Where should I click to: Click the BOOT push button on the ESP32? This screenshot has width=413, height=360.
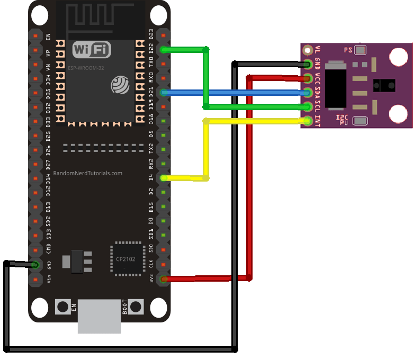(x=136, y=307)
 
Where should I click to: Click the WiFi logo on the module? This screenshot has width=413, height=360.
(x=92, y=50)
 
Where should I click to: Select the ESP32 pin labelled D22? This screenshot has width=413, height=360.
(x=164, y=50)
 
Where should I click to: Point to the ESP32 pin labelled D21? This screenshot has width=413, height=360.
(x=164, y=93)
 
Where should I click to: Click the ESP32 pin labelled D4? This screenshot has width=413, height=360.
(x=164, y=178)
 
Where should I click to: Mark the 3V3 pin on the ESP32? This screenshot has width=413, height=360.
(x=164, y=278)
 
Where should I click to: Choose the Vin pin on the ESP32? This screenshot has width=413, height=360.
(x=35, y=278)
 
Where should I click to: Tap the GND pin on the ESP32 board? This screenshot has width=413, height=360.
(x=35, y=264)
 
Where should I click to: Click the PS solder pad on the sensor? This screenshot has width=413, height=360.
(x=361, y=50)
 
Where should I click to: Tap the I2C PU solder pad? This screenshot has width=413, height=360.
(x=361, y=121)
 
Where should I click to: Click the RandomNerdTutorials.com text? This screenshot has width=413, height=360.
(x=88, y=173)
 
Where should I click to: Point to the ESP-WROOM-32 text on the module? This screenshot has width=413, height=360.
(x=87, y=68)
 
